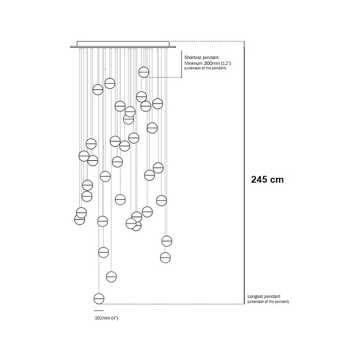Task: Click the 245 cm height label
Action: pyautogui.click(x=267, y=179)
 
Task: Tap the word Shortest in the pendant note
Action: pyautogui.click(x=193, y=57)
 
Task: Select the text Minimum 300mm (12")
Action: pyautogui.click(x=207, y=63)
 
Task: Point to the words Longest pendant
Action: pyautogui.click(x=264, y=296)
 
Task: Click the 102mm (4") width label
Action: pyautogui.click(x=106, y=318)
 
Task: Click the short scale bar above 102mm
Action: pyautogui.click(x=99, y=311)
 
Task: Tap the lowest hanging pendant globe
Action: pyautogui.click(x=99, y=299)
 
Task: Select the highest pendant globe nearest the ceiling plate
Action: pyautogui.click(x=144, y=72)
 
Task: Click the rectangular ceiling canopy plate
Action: pyautogui.click(x=123, y=44)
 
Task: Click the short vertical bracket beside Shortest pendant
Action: pyautogui.click(x=182, y=64)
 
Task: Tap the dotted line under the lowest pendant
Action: pyautogui.click(x=172, y=304)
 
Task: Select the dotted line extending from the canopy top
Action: pyautogui.click(x=207, y=42)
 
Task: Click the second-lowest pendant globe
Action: pyautogui.click(x=111, y=276)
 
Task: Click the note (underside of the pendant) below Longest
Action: pyautogui.click(x=268, y=302)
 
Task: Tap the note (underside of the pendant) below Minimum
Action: pyautogui.click(x=205, y=68)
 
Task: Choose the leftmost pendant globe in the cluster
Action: pyautogui.click(x=80, y=220)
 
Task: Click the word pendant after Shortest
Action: pyautogui.click(x=211, y=57)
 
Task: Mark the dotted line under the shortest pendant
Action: pyautogui.click(x=163, y=77)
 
